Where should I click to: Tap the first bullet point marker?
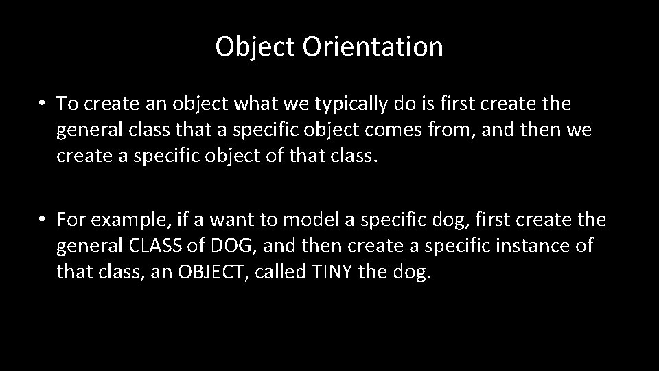click(43, 104)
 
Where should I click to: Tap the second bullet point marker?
click(43, 219)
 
